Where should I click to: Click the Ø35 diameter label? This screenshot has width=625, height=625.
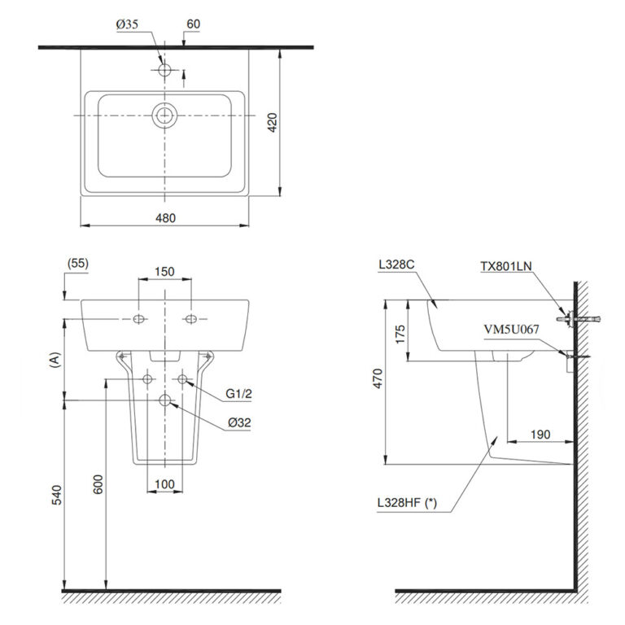click(129, 25)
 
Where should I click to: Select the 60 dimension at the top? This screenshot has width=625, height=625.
click(193, 25)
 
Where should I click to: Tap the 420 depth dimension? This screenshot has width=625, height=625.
click(273, 122)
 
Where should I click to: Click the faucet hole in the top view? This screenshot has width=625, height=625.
click(165, 71)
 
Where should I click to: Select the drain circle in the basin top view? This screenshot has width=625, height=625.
click(165, 116)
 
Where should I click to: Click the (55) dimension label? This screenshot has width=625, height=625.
click(79, 263)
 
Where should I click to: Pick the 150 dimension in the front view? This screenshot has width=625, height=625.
click(165, 273)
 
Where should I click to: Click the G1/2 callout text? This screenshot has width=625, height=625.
click(238, 396)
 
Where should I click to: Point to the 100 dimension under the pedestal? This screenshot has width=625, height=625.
click(164, 484)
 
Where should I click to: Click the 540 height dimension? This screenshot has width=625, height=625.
click(55, 495)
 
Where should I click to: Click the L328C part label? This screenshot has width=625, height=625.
click(396, 265)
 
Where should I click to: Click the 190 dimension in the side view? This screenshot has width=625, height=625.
click(539, 435)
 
